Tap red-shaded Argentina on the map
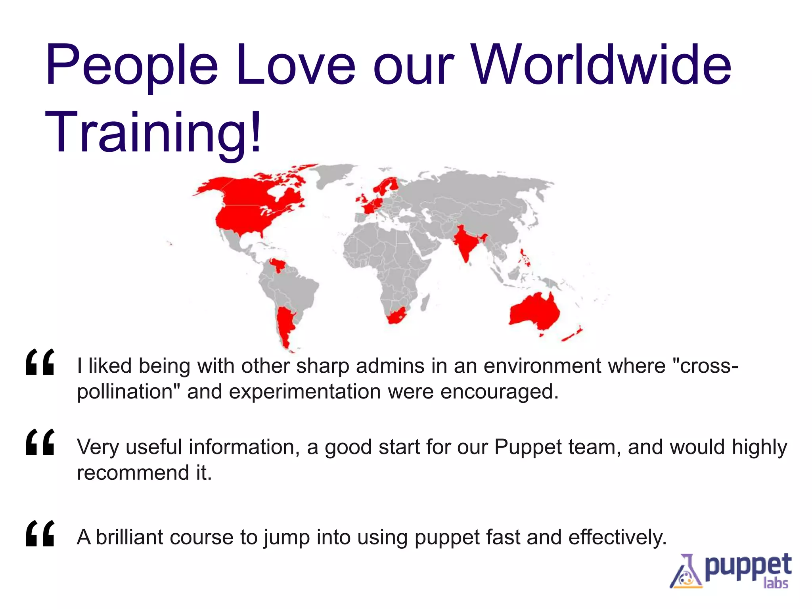click(x=285, y=325)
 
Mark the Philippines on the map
click(x=525, y=258)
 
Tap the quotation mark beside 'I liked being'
click(x=40, y=362)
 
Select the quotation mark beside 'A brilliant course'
click(x=40, y=534)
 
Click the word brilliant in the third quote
click(x=129, y=537)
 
